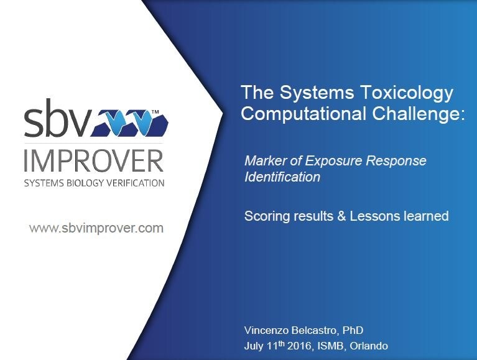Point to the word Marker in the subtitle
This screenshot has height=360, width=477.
pos(265,160)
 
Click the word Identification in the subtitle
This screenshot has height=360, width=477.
pos(282,177)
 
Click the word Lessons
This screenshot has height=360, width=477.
pos(375,216)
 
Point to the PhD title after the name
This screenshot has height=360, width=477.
pos(353,330)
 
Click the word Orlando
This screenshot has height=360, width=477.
pos(369,346)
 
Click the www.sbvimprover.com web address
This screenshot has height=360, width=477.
pos(96,228)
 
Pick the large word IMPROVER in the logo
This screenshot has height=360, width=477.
pos(94,160)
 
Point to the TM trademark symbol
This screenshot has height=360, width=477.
pos(155,112)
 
